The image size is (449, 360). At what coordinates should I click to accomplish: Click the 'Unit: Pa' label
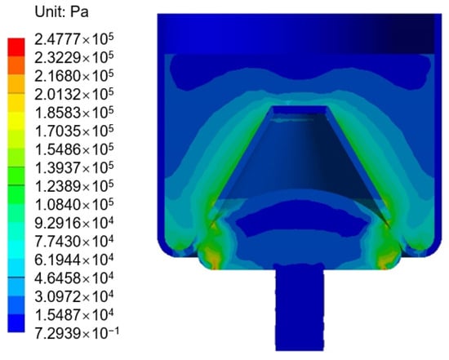point(61,12)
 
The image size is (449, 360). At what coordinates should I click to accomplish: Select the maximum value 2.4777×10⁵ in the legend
point(74,39)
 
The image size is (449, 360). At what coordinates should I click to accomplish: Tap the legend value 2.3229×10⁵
point(74,58)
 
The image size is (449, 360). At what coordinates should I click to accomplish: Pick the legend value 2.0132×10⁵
point(74,94)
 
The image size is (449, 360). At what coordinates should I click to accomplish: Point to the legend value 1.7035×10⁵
point(74,131)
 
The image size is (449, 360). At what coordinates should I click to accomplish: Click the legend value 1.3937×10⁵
point(74,167)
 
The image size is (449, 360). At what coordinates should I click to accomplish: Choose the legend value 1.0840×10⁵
point(74,204)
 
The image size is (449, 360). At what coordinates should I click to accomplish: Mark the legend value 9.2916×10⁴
point(74,223)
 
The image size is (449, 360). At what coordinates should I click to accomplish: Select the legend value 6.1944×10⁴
point(74,260)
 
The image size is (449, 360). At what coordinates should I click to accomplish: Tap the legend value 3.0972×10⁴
point(74,296)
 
